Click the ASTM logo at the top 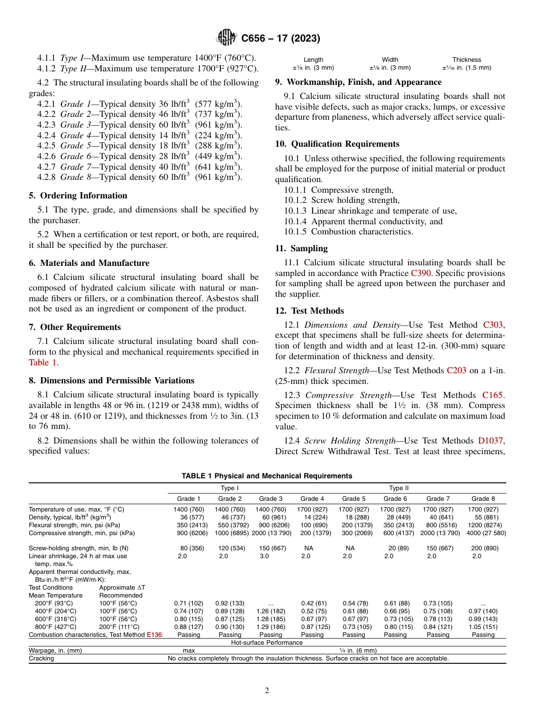tap(227, 38)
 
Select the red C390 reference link tap(422, 273)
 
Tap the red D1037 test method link tap(491, 441)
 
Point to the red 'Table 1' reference tap(43, 363)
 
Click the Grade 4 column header tap(313, 499)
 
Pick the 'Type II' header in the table tap(399, 488)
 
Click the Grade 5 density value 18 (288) tap(354, 517)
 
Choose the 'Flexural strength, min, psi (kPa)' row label tap(78, 525)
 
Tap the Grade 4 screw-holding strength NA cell tap(309, 547)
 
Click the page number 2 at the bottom tap(267, 691)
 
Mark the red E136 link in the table tap(155, 635)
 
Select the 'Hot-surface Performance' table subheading tap(267, 642)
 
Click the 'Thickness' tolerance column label tap(467, 60)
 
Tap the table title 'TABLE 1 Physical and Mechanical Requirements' tap(267, 476)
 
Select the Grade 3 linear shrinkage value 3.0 tap(264, 556)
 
